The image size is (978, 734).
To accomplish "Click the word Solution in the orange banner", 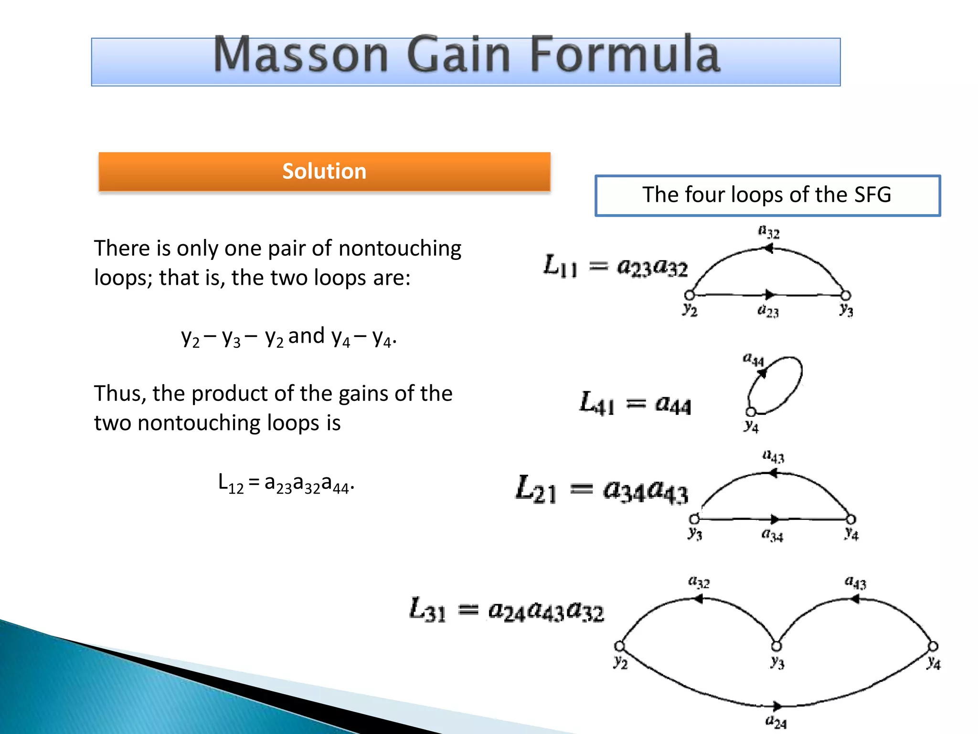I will [324, 171].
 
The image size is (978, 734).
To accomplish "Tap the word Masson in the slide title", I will [301, 54].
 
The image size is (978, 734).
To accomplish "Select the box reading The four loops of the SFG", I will [767, 195].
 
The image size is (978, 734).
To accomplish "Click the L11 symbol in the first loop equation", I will [560, 266].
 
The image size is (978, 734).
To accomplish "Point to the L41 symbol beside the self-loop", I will [596, 403].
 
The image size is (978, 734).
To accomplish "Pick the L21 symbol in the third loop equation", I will [536, 489].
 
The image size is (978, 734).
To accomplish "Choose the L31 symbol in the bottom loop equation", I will [428, 610].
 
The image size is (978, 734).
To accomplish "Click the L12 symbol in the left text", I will [231, 483].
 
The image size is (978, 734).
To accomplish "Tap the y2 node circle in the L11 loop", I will [690, 295].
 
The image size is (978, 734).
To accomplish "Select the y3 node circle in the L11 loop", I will [846, 295].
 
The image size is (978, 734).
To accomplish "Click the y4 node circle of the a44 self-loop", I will [751, 412].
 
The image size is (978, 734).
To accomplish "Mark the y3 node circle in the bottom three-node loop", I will [776, 646].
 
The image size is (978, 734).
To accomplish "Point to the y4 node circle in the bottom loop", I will [933, 646].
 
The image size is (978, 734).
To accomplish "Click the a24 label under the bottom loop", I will [776, 722].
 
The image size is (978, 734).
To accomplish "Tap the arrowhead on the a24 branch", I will [777, 706].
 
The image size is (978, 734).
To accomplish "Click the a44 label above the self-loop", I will [753, 359].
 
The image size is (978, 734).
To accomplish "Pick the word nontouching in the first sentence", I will [400, 248].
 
